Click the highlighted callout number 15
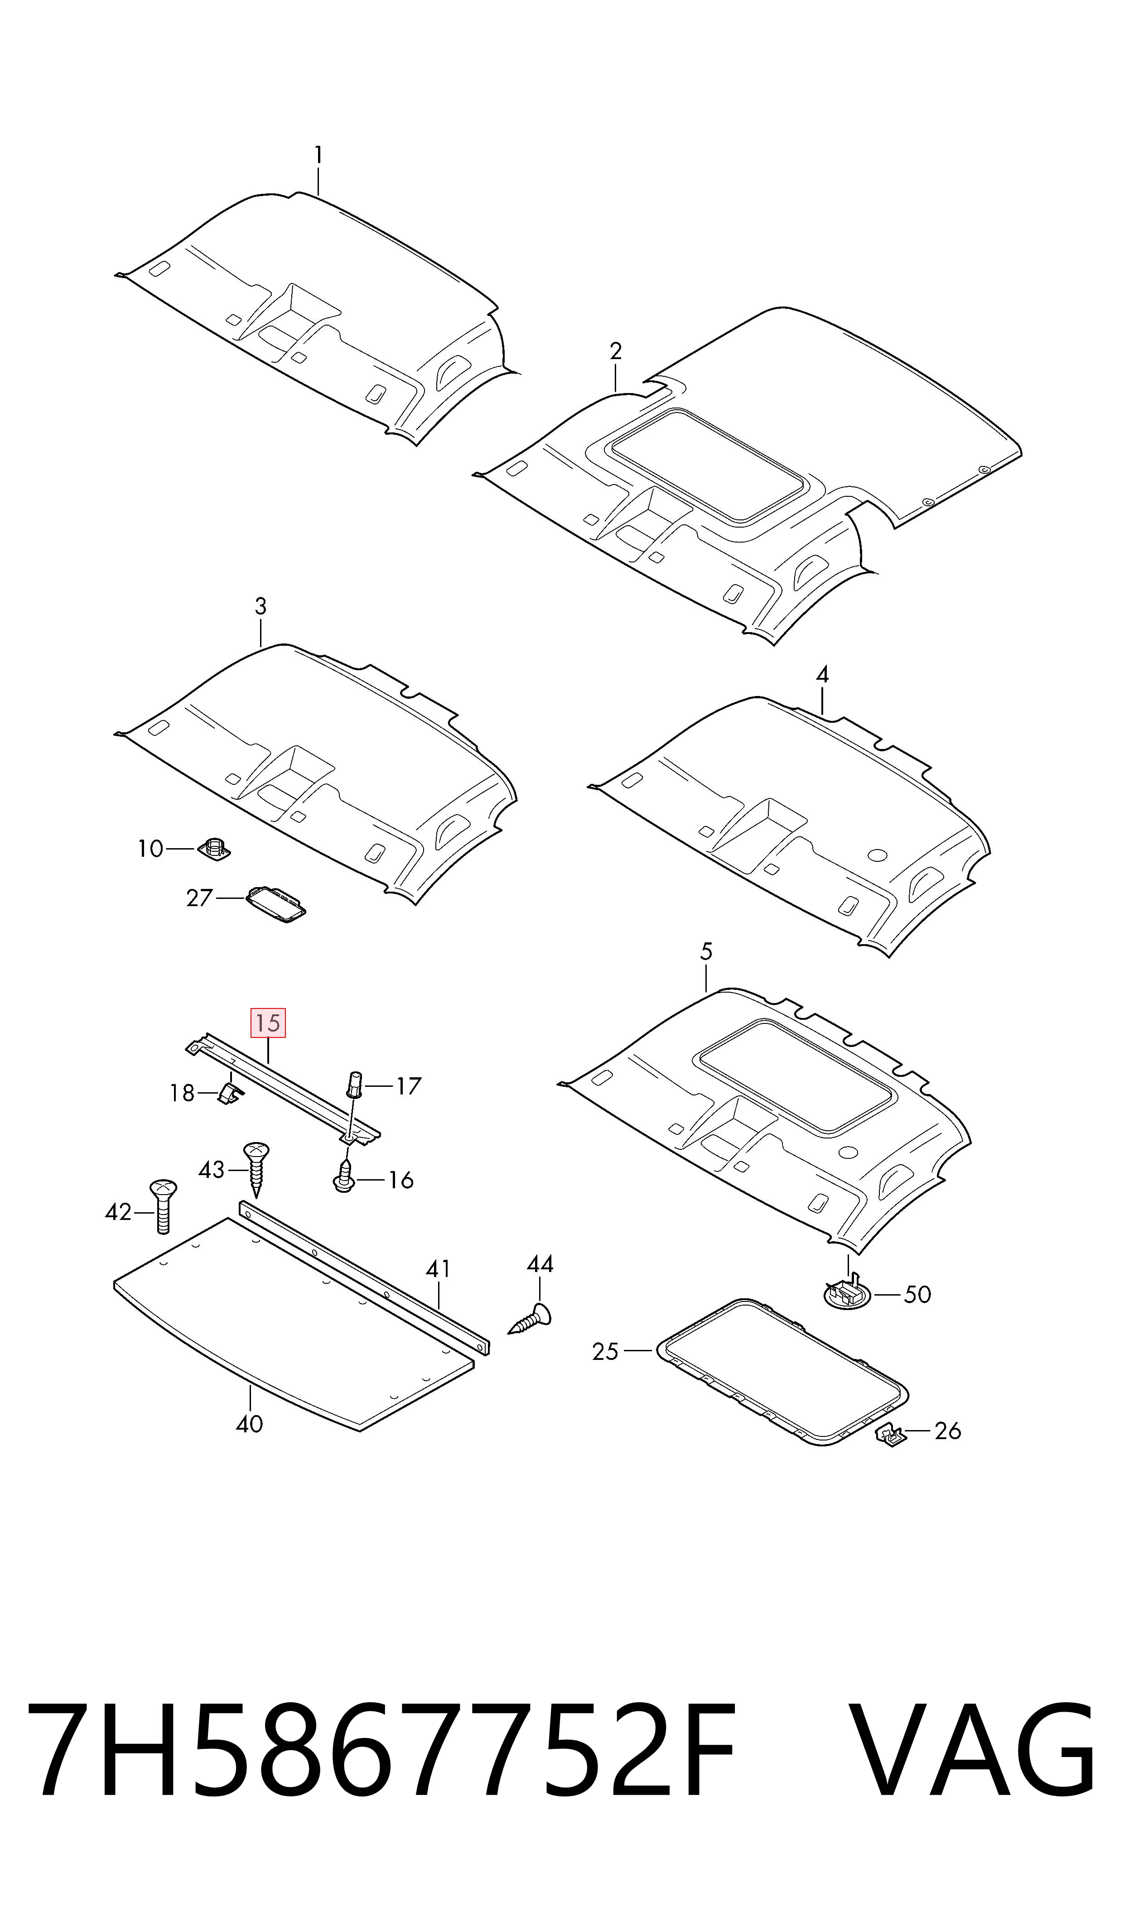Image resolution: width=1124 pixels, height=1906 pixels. (268, 1023)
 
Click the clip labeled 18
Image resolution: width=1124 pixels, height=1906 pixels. (230, 1093)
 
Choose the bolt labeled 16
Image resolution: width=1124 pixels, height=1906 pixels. (345, 1181)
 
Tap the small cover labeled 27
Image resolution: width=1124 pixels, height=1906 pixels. (276, 903)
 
